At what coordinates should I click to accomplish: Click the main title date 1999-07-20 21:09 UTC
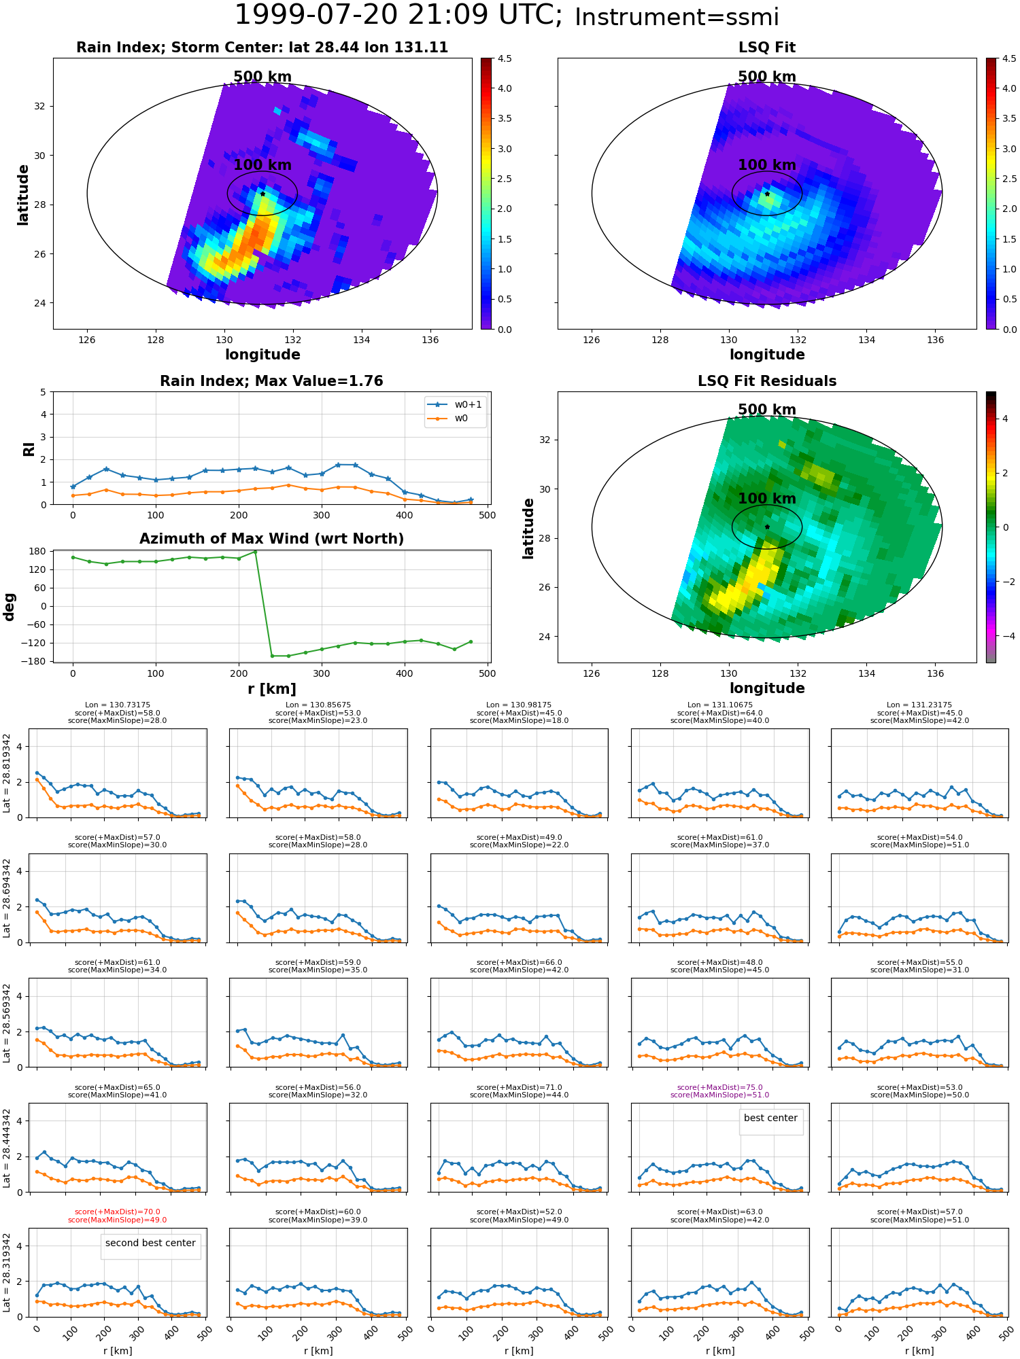point(398,15)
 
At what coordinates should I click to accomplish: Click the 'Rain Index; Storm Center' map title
point(262,48)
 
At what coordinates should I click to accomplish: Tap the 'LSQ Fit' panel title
point(766,48)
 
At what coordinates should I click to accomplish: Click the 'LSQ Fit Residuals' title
point(766,381)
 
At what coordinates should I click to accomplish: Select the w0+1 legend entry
point(455,404)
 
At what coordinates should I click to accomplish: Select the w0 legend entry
point(448,418)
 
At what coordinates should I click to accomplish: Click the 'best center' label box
point(770,1118)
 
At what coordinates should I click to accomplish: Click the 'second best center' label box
point(150,1243)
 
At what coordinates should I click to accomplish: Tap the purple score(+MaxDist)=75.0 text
point(719,1087)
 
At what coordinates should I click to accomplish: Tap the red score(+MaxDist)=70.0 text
point(117,1212)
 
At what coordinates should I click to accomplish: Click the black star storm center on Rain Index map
point(262,194)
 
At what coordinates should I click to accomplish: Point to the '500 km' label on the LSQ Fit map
point(766,77)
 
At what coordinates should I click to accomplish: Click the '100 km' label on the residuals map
point(766,499)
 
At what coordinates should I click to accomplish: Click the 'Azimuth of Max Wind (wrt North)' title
point(271,539)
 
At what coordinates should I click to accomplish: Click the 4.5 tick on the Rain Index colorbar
point(504,58)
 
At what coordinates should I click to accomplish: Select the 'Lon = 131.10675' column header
point(719,705)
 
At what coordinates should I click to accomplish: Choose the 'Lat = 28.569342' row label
point(7,1022)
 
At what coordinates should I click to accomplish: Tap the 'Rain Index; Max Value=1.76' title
point(271,381)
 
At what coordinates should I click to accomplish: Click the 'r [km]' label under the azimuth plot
point(271,689)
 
